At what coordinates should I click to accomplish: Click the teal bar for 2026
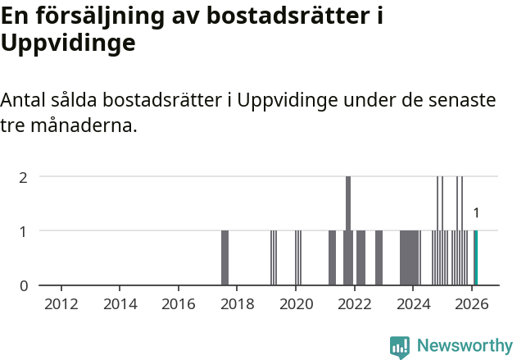[x=475, y=257]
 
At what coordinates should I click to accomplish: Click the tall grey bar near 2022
[x=348, y=230]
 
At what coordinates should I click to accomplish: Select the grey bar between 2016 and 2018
[x=224, y=257]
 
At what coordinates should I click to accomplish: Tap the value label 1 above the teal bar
[x=476, y=213]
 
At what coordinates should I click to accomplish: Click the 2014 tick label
[x=120, y=304]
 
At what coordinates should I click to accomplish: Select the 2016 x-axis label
[x=179, y=304]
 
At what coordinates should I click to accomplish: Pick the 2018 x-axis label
[x=238, y=304]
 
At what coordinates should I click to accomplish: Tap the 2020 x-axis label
[x=296, y=304]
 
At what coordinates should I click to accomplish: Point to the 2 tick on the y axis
[x=24, y=176]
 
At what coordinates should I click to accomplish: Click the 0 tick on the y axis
[x=24, y=285]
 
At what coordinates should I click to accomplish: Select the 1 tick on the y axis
[x=24, y=230]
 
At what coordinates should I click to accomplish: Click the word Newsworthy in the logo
[x=464, y=345]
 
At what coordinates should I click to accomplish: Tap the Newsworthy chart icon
[x=400, y=347]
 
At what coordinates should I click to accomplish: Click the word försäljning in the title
[x=101, y=16]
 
